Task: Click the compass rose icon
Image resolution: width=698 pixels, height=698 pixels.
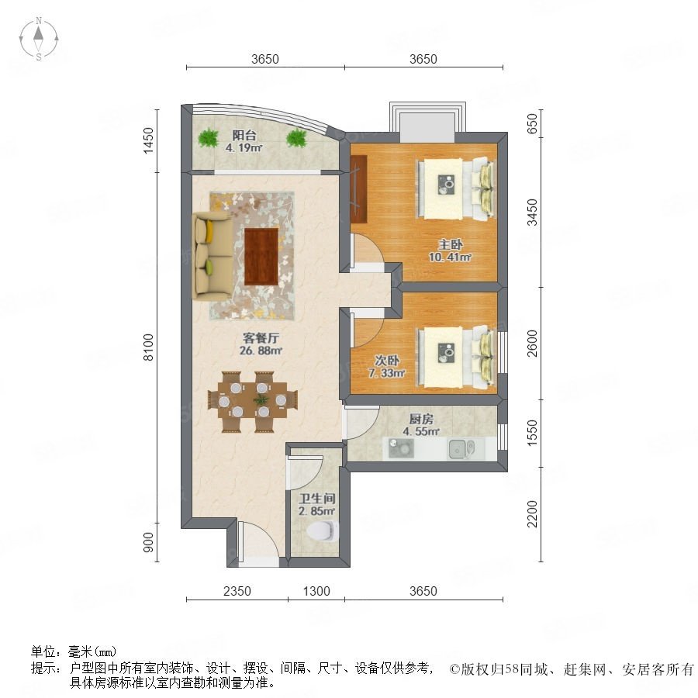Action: coord(39,39)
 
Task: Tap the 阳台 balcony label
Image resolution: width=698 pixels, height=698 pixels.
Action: coord(244,135)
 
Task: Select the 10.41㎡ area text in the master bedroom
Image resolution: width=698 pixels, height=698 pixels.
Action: coord(450,257)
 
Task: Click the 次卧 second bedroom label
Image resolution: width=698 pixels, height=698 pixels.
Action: coord(387,360)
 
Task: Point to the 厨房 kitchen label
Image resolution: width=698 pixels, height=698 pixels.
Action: coord(421,419)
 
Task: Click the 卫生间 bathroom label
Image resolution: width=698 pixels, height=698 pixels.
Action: coord(317,499)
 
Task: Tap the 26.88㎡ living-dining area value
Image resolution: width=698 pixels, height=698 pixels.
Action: coord(261,351)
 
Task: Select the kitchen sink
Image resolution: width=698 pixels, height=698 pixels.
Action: coord(461,449)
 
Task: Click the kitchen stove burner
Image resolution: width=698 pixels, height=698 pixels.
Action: coord(401,448)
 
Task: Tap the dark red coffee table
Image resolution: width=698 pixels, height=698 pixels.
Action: coord(261,256)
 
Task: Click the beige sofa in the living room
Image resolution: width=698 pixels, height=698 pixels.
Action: coord(213,255)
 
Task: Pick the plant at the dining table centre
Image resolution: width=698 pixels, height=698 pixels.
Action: coord(261,399)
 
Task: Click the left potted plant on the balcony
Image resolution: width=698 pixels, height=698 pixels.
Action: coord(207,137)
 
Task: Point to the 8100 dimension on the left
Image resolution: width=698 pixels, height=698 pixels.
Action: coord(148,347)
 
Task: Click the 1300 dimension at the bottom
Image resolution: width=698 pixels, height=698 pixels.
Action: coord(316,591)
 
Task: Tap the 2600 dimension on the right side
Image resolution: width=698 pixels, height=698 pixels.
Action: coord(532,344)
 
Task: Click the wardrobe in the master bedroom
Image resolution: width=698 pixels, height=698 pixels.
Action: coord(358,188)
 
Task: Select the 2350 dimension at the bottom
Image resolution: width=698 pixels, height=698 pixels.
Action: coord(237,591)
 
